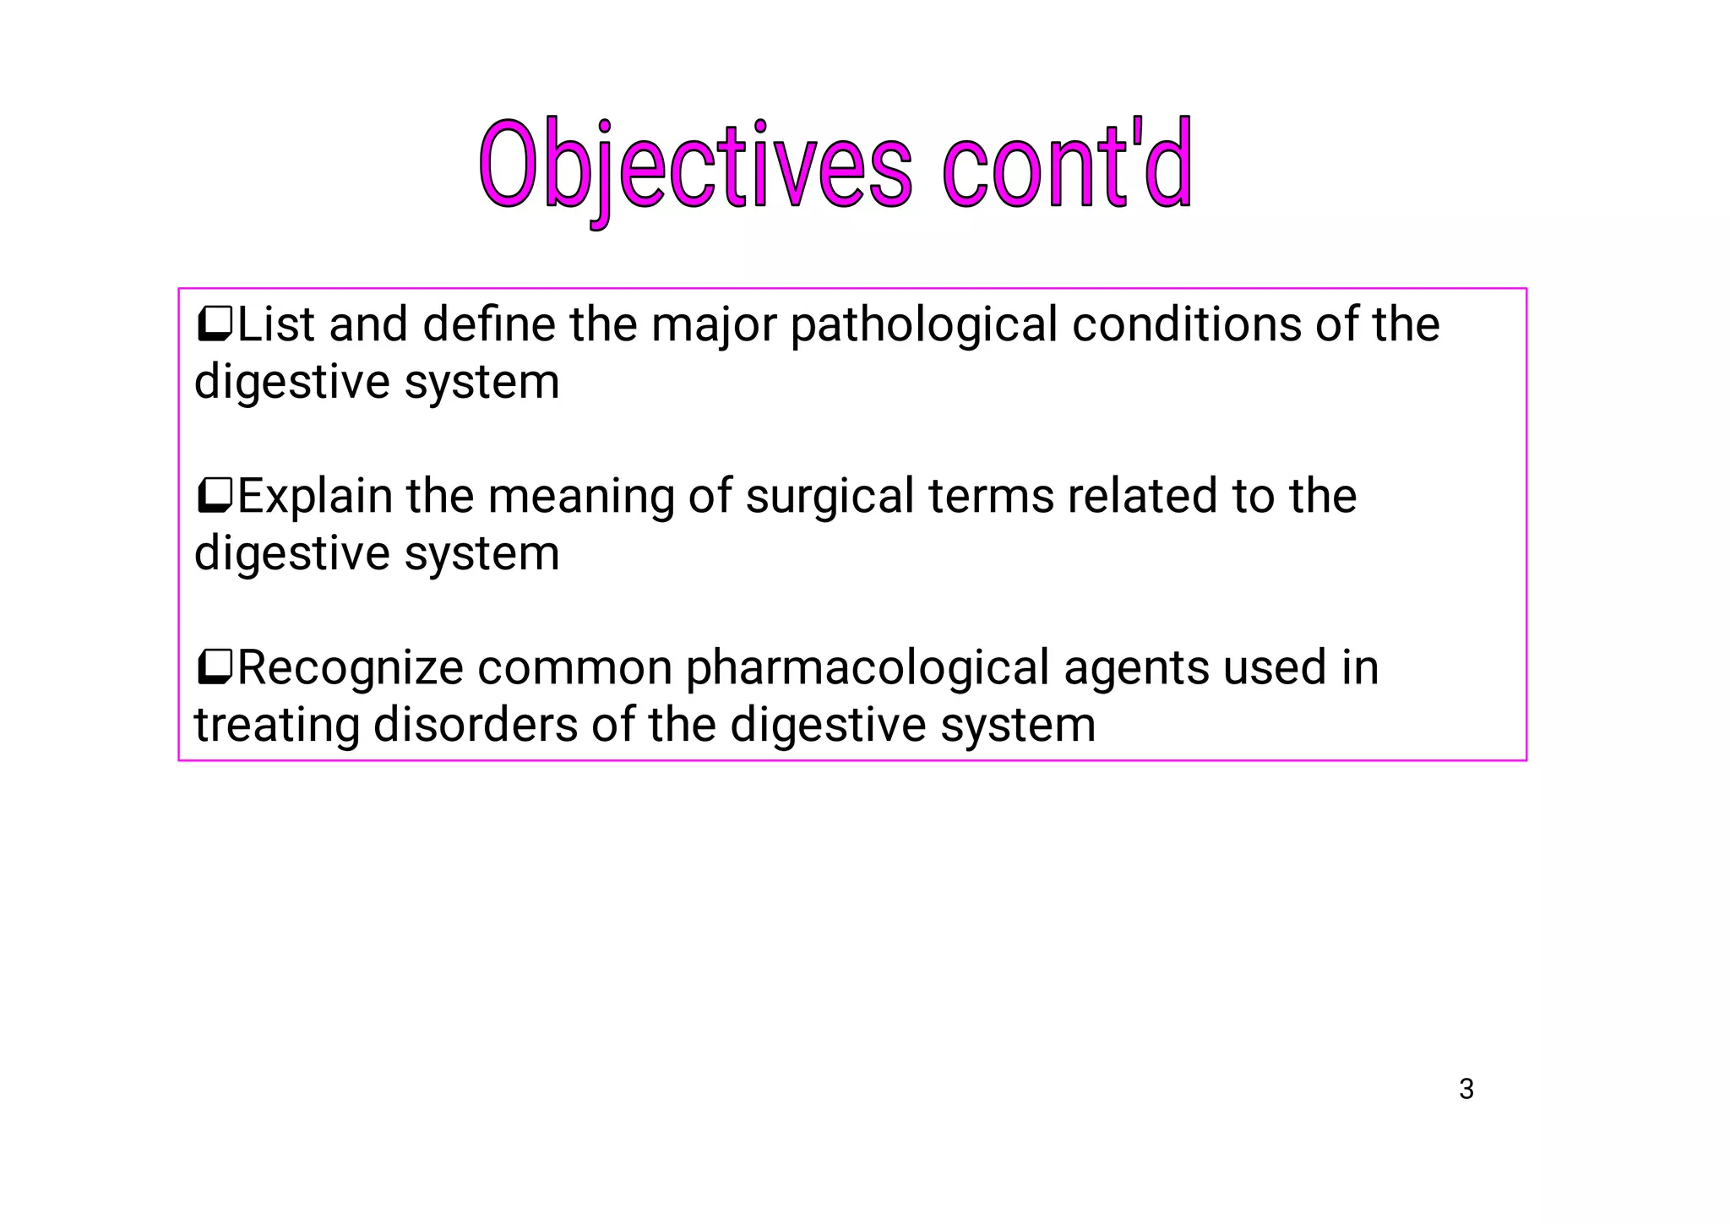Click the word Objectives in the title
pyautogui.click(x=694, y=166)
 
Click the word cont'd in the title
pyautogui.click(x=1067, y=166)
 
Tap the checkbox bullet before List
pyautogui.click(x=214, y=324)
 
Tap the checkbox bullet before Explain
pyautogui.click(x=214, y=496)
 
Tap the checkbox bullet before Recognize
pyautogui.click(x=214, y=667)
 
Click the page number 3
pyautogui.click(x=1466, y=1089)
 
